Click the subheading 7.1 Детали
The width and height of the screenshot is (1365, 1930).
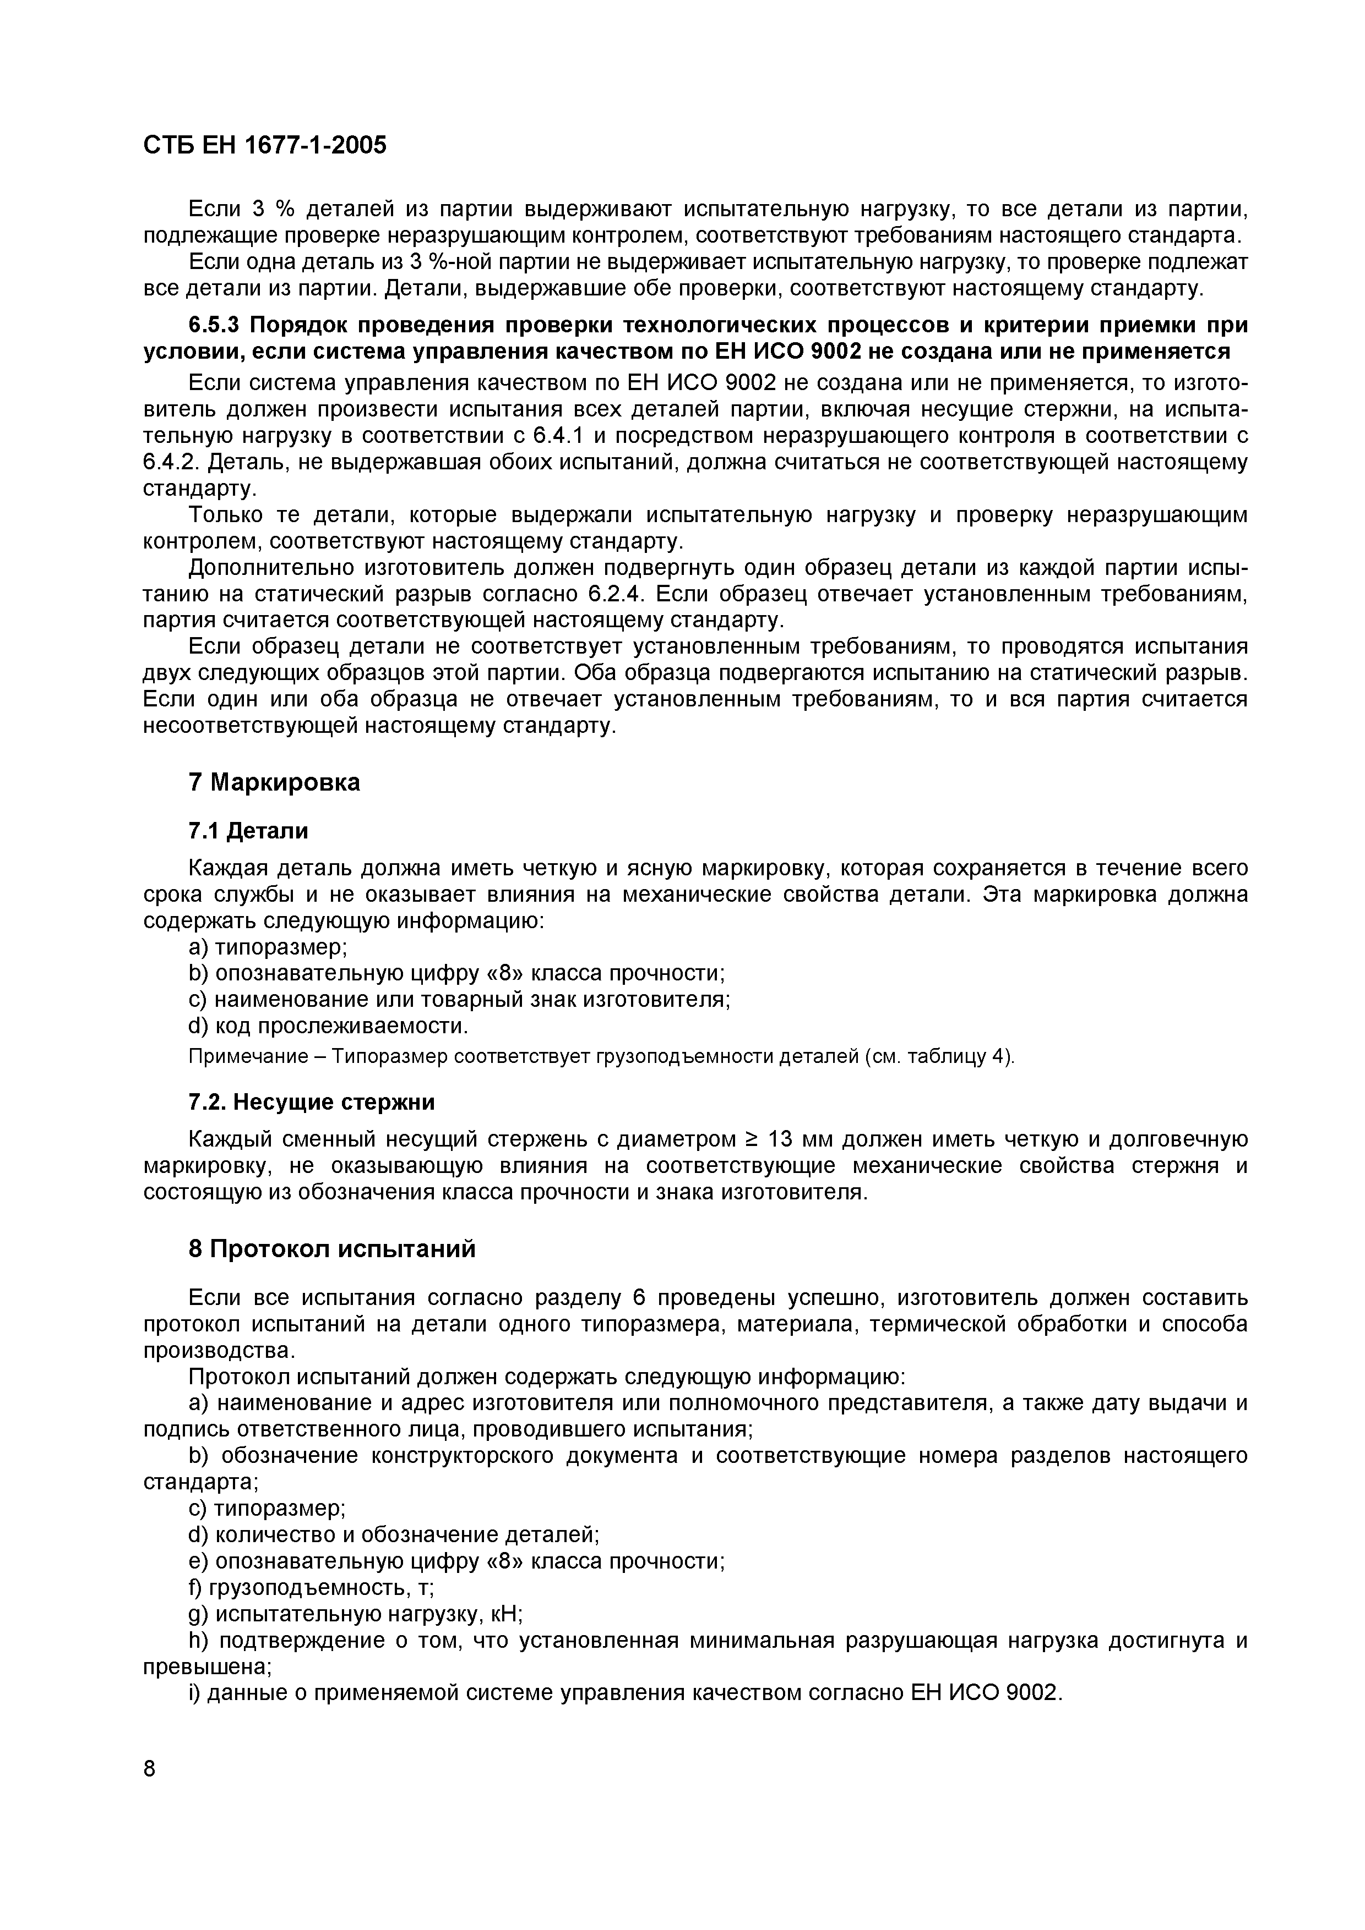pos(248,831)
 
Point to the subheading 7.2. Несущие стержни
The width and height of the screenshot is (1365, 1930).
pos(311,1101)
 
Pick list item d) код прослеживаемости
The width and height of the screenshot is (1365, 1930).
pos(328,1027)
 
